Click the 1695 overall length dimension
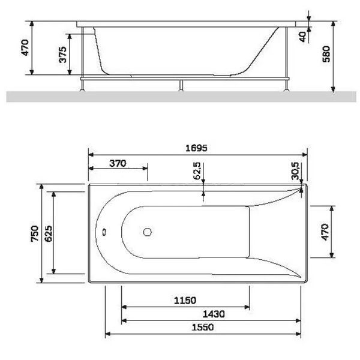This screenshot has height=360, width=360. pyautogui.click(x=196, y=148)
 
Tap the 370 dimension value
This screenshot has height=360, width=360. pyautogui.click(x=118, y=163)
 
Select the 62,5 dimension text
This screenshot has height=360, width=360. pyautogui.click(x=197, y=171)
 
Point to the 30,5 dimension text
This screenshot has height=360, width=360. pyautogui.click(x=295, y=171)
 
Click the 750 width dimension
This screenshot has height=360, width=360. pyautogui.click(x=35, y=233)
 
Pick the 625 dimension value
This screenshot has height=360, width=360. pyautogui.click(x=49, y=233)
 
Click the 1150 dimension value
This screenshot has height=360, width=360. pyautogui.click(x=185, y=301)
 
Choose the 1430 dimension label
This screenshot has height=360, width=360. pyautogui.click(x=214, y=314)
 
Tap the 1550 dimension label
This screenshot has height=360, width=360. pyautogui.click(x=203, y=327)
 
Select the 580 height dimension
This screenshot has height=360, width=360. pyautogui.click(x=326, y=54)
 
